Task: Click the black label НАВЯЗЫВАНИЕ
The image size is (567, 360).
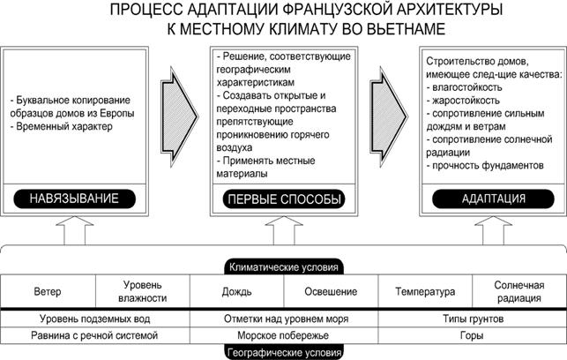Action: click(75, 199)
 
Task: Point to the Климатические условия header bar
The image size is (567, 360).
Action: click(283, 266)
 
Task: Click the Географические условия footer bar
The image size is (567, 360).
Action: click(283, 352)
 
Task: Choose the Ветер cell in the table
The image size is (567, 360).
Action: click(48, 291)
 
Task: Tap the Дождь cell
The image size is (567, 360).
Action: click(236, 291)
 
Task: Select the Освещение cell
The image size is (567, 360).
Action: click(330, 291)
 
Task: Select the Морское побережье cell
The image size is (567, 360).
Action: click(283, 335)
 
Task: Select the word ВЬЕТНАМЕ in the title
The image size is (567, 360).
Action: click(414, 29)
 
